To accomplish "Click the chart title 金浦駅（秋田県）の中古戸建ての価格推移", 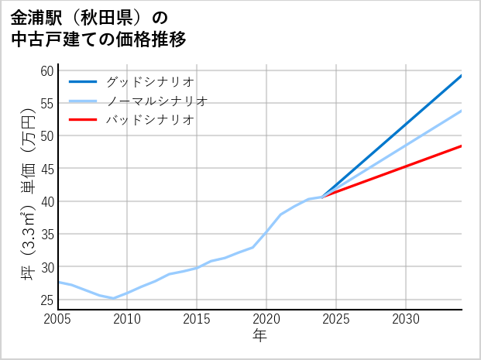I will (x=99, y=29).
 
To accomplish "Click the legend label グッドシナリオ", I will (x=149, y=81).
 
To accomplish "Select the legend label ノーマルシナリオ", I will (x=156, y=101).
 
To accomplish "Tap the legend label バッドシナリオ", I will (x=149, y=120).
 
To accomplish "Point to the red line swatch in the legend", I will (x=83, y=120).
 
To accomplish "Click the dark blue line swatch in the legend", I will (x=83, y=81).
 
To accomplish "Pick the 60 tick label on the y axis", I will (x=46, y=70).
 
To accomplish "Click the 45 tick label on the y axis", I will (x=46, y=169).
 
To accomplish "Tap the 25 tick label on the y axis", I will (x=46, y=300).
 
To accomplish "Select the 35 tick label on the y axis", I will (x=46, y=234).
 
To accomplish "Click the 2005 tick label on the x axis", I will (x=58, y=319).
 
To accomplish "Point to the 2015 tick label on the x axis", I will (x=197, y=319).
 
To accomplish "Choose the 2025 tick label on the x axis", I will (x=336, y=319).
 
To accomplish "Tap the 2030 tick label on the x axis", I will (x=406, y=319).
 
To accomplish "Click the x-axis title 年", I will (x=260, y=336).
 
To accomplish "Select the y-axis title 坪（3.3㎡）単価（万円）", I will (x=29, y=190).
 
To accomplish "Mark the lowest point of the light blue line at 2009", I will (x=113, y=298).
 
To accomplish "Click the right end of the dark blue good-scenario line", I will (x=462, y=76).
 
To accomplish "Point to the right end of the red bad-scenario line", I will (x=462, y=146).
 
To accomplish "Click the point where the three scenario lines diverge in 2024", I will (x=322, y=197).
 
